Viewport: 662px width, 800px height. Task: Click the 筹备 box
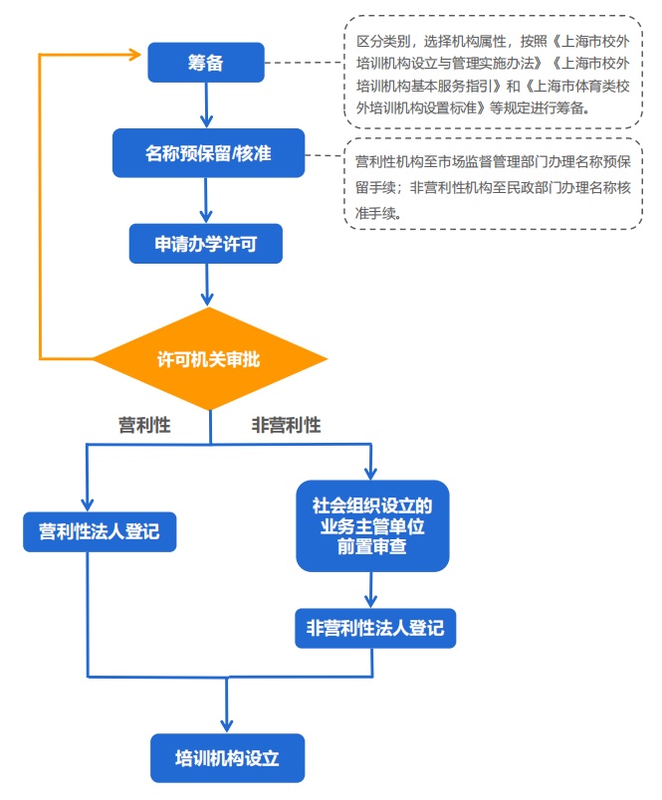pos(206,63)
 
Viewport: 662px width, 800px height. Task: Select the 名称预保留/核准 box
pos(208,153)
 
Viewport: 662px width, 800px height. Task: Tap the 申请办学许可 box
pos(206,244)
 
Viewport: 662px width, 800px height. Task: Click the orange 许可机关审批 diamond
pos(209,358)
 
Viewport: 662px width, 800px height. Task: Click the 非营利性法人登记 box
pos(374,629)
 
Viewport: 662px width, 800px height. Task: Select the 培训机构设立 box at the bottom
pos(227,758)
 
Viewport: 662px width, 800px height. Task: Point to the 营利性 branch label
pos(144,426)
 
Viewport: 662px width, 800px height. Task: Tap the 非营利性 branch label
pos(287,426)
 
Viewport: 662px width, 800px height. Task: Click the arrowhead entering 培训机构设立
pos(227,725)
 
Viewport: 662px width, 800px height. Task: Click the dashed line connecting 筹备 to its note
pos(304,63)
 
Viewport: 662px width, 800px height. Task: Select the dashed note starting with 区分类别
pos(493,72)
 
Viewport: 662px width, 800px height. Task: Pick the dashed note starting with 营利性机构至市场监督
pos(493,186)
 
